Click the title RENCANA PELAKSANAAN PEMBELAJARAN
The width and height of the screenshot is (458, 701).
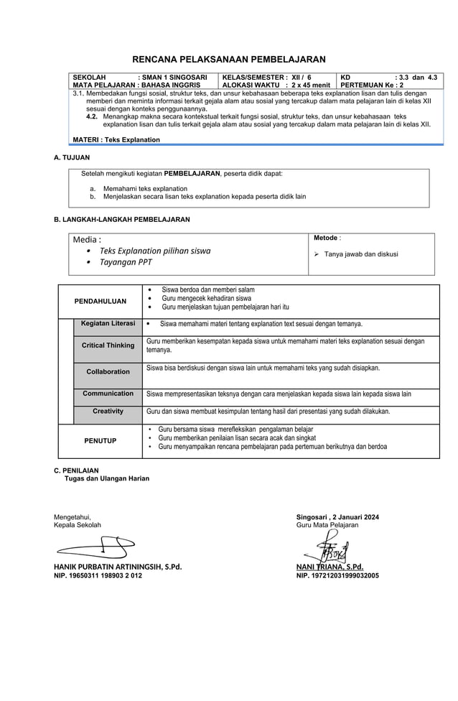229,59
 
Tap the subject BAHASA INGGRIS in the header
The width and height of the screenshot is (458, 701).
169,85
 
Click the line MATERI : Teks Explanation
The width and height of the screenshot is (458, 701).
116,139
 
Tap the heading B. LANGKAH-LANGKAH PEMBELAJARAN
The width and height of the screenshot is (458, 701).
122,219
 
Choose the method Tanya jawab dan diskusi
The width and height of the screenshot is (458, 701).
360,254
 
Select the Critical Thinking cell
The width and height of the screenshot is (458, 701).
108,345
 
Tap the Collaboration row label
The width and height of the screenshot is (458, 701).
108,371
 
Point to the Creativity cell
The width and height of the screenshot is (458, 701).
108,412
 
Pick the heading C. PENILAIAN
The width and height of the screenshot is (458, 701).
77,470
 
